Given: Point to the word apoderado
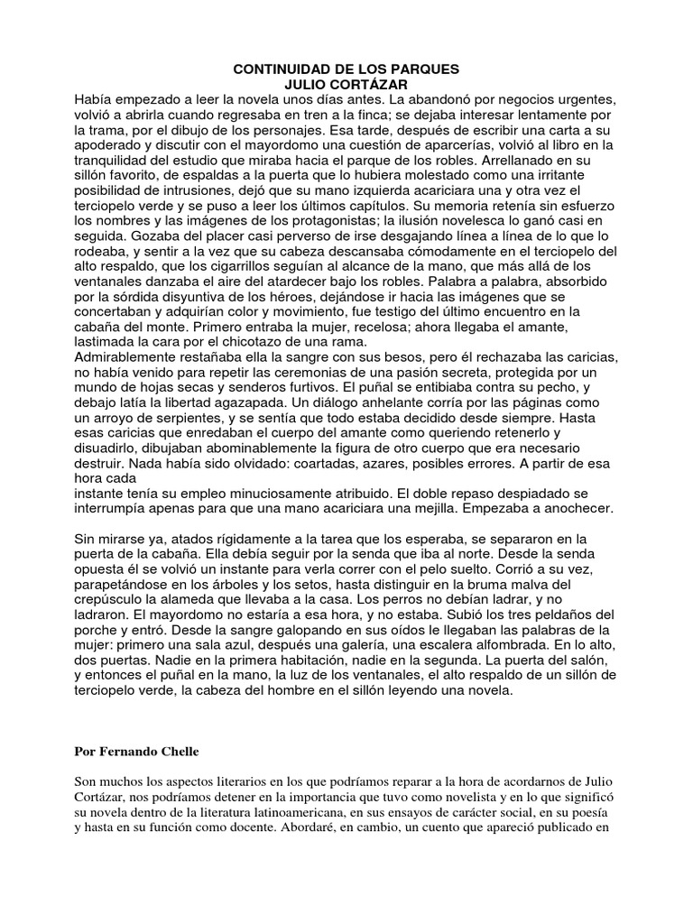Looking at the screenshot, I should pyautogui.click(x=107, y=145).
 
